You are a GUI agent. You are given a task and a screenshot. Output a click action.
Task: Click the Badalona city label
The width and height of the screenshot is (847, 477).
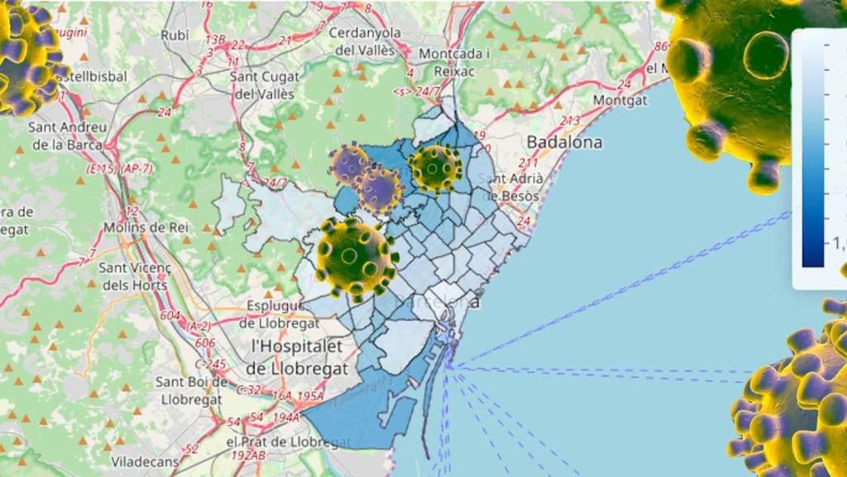[x=565, y=142]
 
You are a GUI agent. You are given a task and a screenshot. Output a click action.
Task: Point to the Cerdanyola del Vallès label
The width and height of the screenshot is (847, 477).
[x=365, y=41]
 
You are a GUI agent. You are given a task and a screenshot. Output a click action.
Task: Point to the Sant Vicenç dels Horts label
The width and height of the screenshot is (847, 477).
[x=132, y=277]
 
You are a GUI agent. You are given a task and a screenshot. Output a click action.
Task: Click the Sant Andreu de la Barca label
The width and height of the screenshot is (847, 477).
[x=67, y=136]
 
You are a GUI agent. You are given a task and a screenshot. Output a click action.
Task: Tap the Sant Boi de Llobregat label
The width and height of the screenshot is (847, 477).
[x=191, y=391]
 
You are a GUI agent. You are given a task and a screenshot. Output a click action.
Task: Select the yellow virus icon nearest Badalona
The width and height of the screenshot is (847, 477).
[x=436, y=168]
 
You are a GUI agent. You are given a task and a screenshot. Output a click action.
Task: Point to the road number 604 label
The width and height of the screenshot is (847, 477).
[x=170, y=315]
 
